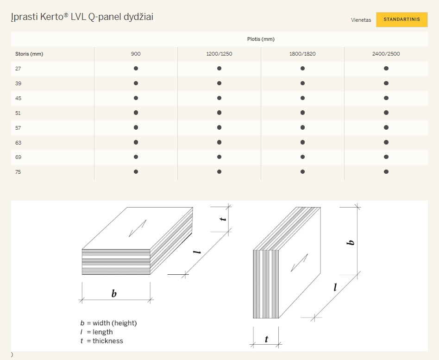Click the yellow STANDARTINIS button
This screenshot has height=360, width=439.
[x=402, y=19]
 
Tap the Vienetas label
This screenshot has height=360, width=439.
[x=361, y=20]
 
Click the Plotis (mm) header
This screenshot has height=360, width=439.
[x=261, y=39]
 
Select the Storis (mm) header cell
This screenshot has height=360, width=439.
[x=29, y=54]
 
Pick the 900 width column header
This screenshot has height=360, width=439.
[x=136, y=54]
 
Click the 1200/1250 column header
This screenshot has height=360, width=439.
[x=219, y=54]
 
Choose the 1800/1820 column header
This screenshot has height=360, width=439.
[x=302, y=54]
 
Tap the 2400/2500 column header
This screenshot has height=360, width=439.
[x=386, y=54]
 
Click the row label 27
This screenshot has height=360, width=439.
[x=18, y=69]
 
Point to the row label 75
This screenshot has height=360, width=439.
[x=18, y=172]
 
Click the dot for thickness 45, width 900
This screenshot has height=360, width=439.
[x=136, y=98]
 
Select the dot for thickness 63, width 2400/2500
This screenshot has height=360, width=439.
[x=386, y=142]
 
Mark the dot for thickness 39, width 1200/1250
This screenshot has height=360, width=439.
[x=219, y=83]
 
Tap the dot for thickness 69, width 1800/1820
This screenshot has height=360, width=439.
[x=302, y=157]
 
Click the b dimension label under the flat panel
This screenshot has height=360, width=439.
[x=114, y=293]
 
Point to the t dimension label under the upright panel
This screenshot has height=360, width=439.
[x=266, y=339]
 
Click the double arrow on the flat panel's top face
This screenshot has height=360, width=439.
[x=138, y=228]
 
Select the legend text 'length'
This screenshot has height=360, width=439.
[x=103, y=332]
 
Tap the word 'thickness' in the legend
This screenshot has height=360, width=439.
[x=108, y=341]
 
